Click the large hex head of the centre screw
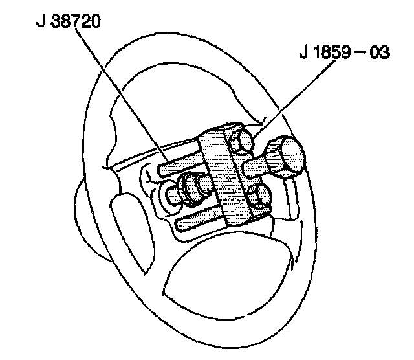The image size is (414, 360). (286, 158)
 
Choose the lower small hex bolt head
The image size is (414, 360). (260, 195)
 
